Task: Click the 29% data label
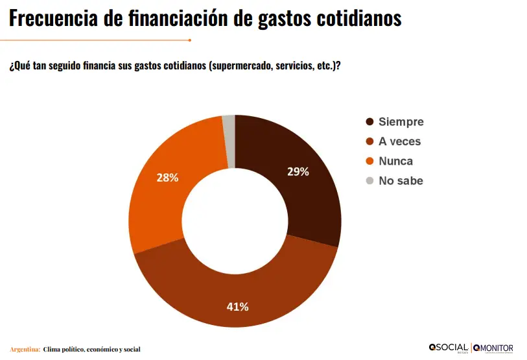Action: tap(298, 172)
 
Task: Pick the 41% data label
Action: tap(237, 307)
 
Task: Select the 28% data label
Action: tap(167, 177)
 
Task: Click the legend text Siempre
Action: tap(401, 122)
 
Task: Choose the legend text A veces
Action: tap(399, 141)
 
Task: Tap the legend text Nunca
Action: tap(395, 161)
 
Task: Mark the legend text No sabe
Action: tap(401, 181)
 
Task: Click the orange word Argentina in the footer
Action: tap(25, 350)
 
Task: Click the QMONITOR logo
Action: tap(494, 348)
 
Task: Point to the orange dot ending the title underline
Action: tap(189, 40)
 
